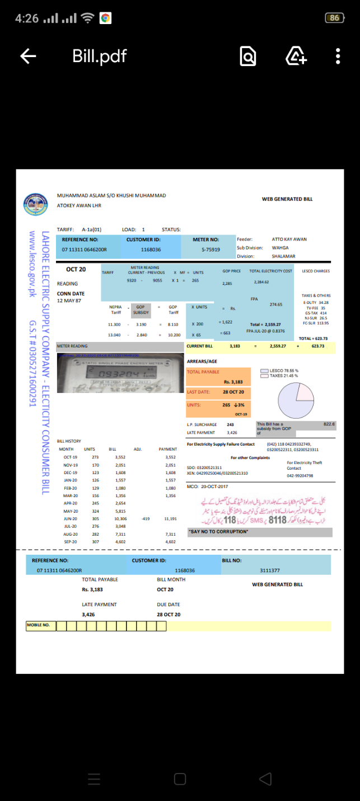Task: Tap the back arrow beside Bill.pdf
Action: [28, 56]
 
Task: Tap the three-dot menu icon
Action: [338, 56]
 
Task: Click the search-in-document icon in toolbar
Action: [247, 56]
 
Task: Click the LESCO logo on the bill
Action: [35, 205]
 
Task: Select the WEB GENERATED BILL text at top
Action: [287, 199]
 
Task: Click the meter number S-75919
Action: [211, 249]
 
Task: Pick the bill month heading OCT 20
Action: [76, 269]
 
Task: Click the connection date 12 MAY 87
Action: [69, 301]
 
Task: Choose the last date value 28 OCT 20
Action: [233, 392]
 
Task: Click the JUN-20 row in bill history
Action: [71, 519]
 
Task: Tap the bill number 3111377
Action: [270, 570]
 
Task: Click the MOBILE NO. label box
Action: [41, 625]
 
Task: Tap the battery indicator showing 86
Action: [334, 18]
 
